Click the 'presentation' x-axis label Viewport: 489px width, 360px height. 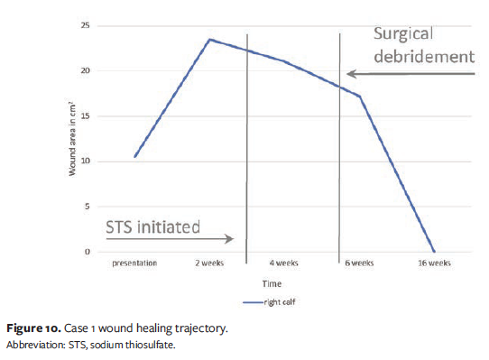point(134,263)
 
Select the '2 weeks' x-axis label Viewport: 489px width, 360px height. point(209,263)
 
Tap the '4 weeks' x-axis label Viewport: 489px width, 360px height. point(284,263)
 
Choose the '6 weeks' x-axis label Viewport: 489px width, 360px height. point(358,263)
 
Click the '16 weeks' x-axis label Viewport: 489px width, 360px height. point(433,263)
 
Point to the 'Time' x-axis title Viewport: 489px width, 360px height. point(272,283)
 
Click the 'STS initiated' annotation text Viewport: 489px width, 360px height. point(152,226)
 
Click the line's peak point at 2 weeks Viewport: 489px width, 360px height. point(209,39)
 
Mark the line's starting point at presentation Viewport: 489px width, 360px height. point(134,157)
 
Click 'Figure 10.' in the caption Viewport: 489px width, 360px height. point(32,328)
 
